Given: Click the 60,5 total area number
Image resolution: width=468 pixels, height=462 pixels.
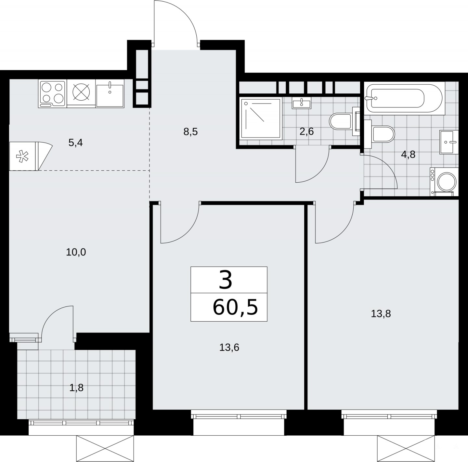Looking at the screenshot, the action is point(235,307).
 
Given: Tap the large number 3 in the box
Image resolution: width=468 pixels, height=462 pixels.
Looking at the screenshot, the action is point(226,280).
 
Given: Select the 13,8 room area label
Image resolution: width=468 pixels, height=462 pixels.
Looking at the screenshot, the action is point(381,314).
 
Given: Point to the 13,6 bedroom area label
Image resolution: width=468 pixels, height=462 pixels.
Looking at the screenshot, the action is point(229,347).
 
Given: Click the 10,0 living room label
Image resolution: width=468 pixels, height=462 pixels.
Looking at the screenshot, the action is point(76,252).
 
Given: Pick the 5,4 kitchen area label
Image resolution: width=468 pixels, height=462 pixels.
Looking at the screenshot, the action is point(75,143).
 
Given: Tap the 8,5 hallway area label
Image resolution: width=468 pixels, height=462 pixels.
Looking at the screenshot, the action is point(191,132).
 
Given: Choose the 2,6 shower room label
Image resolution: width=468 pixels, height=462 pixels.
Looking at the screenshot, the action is point(307,132).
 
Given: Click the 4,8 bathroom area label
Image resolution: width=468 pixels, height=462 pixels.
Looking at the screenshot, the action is point(408,154).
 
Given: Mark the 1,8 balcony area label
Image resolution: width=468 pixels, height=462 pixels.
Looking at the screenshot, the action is point(76,388).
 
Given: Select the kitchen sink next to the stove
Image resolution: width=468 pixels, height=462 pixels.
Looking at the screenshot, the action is point(110,94).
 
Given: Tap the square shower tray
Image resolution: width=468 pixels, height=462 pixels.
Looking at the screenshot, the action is point(261,118).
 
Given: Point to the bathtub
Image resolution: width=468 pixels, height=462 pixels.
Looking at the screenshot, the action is point(404,98).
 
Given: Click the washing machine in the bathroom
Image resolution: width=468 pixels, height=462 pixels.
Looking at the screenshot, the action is point(444,182).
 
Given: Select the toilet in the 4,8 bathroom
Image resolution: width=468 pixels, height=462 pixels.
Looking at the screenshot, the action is point(380,134).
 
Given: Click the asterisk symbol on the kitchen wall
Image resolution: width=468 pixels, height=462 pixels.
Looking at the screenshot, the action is point(22,156).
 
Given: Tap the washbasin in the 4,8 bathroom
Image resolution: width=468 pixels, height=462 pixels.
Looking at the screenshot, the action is point(449,142).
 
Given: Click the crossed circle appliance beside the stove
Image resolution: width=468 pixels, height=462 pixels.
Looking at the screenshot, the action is point(81,93).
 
